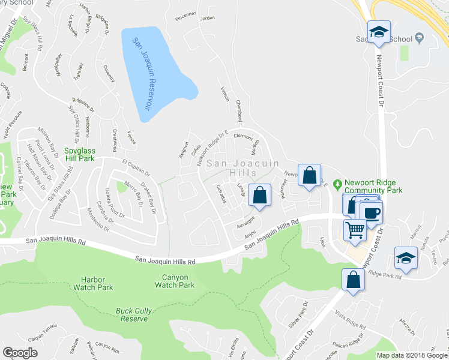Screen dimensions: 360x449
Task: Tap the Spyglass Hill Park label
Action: point(88,155)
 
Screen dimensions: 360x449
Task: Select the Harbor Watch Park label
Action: point(97,283)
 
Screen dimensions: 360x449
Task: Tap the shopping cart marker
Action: point(355,229)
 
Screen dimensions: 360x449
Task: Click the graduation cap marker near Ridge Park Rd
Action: point(406,258)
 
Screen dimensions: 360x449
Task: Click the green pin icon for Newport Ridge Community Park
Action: point(338,182)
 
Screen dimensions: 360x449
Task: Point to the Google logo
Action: point(20,353)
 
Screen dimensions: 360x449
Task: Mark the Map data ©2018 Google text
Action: point(411,355)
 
